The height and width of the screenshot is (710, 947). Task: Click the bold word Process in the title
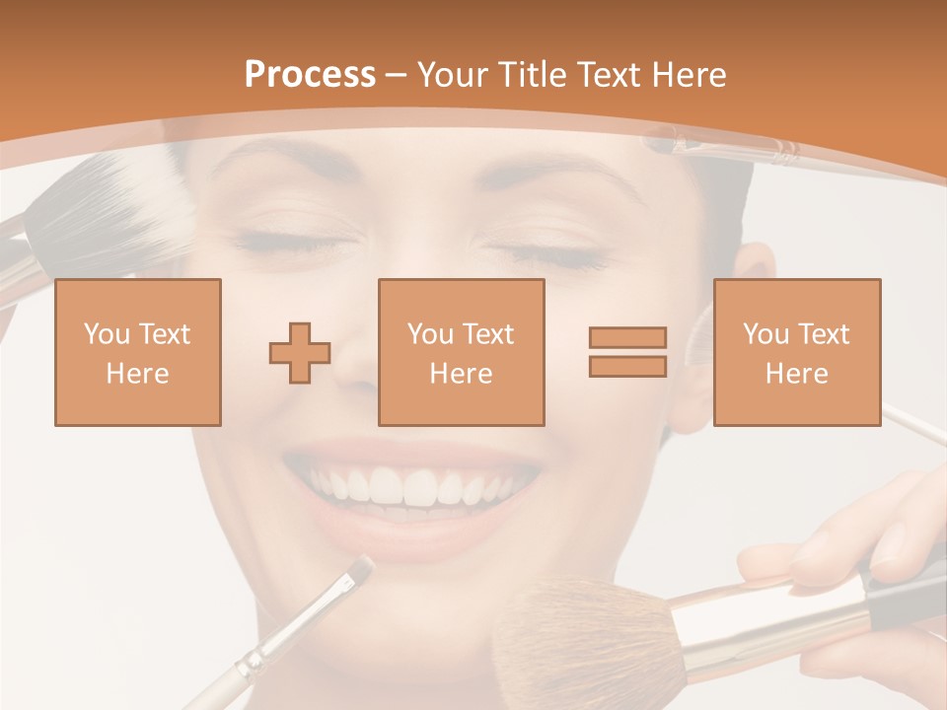tap(310, 75)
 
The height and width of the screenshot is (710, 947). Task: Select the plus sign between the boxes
tap(300, 353)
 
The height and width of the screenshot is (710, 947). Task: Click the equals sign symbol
tap(627, 352)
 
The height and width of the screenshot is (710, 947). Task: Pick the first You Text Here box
tap(138, 352)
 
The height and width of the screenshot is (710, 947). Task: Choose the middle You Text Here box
tap(462, 352)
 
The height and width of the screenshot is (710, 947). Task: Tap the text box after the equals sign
tap(797, 352)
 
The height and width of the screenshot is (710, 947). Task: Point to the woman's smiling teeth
tap(414, 485)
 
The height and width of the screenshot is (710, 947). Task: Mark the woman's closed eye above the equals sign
tap(557, 254)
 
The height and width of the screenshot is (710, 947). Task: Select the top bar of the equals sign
tap(627, 337)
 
